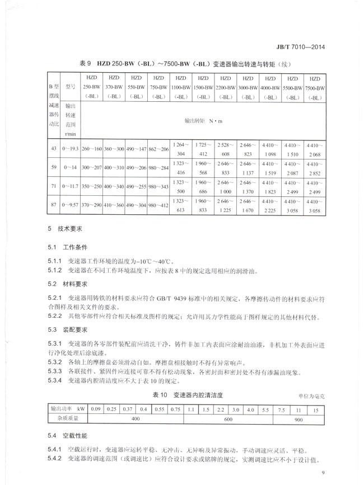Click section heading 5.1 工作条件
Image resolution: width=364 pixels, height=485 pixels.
click(x=68, y=246)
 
